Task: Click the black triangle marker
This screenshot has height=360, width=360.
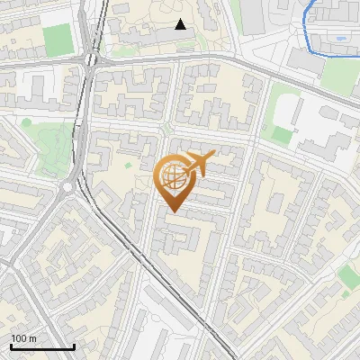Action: (x=181, y=24)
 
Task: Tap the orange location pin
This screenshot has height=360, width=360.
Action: (x=174, y=181)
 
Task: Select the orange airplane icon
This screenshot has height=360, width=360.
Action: (x=197, y=165)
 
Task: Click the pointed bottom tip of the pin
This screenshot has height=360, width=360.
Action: (x=174, y=211)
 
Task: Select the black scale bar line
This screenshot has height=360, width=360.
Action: (x=42, y=347)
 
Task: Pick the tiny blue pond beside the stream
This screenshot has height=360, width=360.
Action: (x=340, y=39)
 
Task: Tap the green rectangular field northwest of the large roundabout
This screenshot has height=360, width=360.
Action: (x=56, y=40)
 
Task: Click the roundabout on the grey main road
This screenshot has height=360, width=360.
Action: (x=90, y=59)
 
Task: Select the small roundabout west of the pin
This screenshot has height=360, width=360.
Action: (x=67, y=187)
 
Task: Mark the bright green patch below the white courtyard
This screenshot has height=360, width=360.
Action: (x=282, y=135)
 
